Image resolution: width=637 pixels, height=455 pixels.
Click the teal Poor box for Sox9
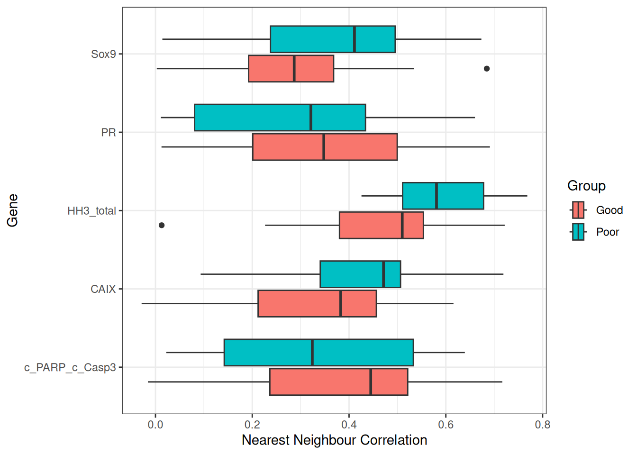click(x=332, y=39)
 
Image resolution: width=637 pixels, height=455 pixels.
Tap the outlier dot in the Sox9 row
click(x=486, y=69)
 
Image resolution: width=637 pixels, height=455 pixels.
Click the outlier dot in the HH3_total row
click(x=162, y=225)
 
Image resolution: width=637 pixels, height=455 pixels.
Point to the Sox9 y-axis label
click(x=103, y=54)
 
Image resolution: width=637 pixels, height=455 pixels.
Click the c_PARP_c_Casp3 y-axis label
click(x=70, y=367)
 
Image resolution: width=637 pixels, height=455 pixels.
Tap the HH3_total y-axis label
click(x=91, y=211)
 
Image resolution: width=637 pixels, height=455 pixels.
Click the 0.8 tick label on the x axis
click(x=543, y=425)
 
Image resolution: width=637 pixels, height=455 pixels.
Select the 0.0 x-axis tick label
click(x=155, y=425)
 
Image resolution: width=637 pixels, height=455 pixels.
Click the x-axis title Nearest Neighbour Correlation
click(x=334, y=440)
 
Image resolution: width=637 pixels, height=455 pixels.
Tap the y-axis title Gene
click(x=13, y=210)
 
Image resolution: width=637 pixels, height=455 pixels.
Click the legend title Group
click(x=586, y=186)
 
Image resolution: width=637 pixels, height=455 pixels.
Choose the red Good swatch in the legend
click(x=578, y=210)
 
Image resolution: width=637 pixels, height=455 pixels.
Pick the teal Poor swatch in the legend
click(x=578, y=232)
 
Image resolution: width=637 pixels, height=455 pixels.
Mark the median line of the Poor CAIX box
click(x=383, y=274)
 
